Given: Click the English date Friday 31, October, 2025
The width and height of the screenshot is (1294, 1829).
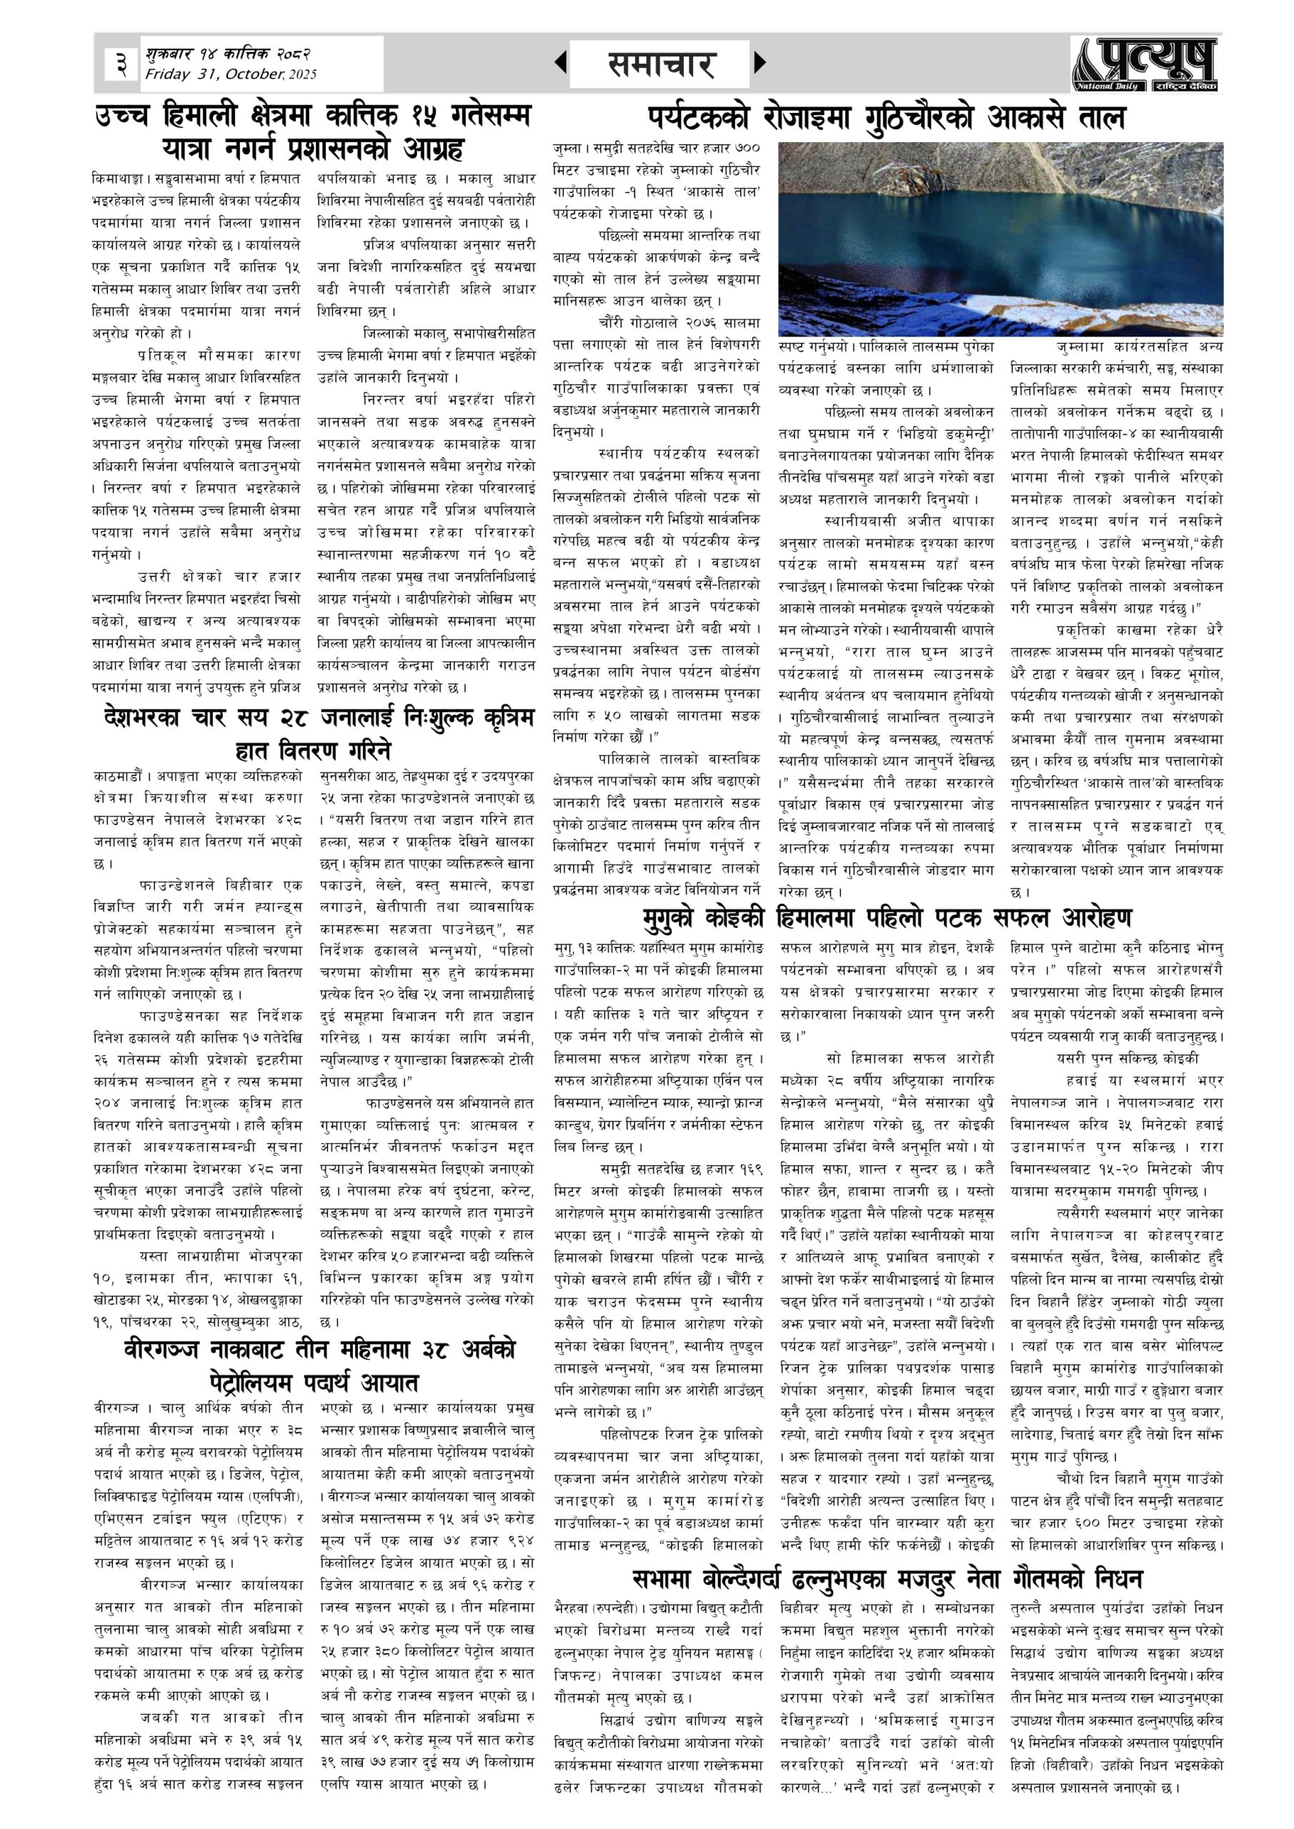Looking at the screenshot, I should pyautogui.click(x=230, y=75).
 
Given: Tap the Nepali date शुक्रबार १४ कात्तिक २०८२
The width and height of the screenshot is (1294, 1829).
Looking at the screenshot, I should pyautogui.click(x=227, y=54).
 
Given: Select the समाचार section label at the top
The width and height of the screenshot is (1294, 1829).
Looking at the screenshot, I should pyautogui.click(x=660, y=64).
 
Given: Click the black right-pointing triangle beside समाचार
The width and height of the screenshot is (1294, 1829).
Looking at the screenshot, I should pyautogui.click(x=760, y=62).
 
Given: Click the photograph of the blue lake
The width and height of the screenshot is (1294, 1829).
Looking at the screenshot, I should pyautogui.click(x=1000, y=238).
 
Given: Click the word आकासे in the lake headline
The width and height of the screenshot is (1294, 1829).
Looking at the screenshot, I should pyautogui.click(x=1035, y=118).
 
